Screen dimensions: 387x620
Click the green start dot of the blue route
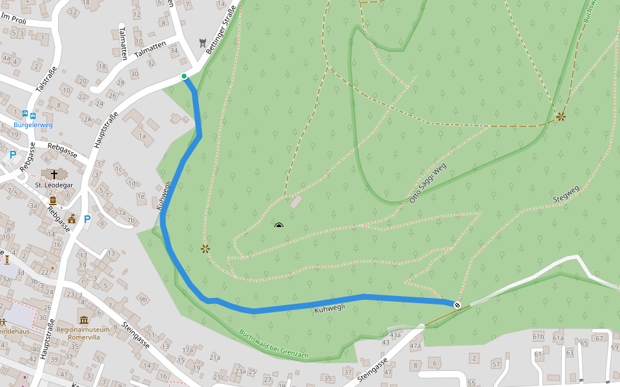click(184, 76)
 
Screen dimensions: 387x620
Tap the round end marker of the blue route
click(457, 305)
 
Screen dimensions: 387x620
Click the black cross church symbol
click(54, 174)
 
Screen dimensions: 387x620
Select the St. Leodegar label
click(54, 185)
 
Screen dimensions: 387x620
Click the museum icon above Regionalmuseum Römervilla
click(84, 319)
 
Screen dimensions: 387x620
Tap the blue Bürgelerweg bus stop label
click(33, 124)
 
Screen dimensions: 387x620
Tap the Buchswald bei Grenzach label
click(274, 345)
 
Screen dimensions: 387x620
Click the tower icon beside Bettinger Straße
click(203, 43)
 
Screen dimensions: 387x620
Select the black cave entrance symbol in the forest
click(279, 226)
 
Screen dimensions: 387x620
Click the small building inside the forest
click(296, 202)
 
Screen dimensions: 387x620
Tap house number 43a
click(395, 334)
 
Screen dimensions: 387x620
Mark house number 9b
click(143, 299)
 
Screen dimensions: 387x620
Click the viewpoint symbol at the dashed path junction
click(561, 117)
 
